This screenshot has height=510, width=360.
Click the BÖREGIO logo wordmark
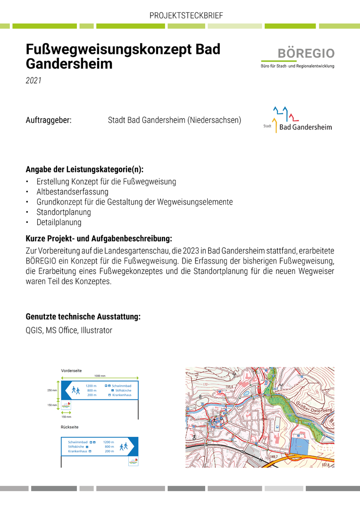[x=306, y=53]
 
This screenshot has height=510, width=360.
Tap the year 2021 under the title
[x=33, y=81]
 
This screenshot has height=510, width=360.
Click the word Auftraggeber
[x=49, y=120]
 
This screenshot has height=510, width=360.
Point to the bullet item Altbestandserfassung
[x=72, y=192]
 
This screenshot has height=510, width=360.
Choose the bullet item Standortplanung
[x=64, y=212]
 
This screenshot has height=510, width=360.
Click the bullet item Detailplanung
[x=59, y=222]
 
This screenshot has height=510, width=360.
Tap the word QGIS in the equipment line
[x=34, y=331]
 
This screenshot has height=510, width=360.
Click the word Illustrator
[x=97, y=331]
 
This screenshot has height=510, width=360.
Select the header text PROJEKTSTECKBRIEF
[x=186, y=16]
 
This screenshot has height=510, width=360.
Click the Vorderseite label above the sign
[x=71, y=371]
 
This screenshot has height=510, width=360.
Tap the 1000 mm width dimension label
[x=100, y=376]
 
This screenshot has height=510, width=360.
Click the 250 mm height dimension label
[x=52, y=391]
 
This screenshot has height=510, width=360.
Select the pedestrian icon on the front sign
[x=76, y=391]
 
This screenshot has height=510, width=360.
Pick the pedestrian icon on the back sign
[x=124, y=446]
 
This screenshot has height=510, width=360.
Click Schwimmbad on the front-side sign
[x=121, y=386]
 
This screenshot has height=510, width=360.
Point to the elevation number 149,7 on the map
[x=275, y=457]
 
